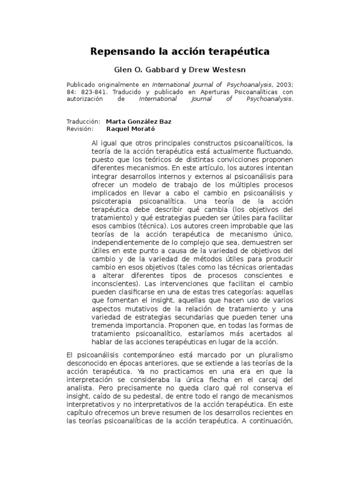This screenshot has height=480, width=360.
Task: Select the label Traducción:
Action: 84,121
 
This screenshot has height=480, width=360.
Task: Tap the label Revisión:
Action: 81,128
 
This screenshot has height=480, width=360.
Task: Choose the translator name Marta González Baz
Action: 139,121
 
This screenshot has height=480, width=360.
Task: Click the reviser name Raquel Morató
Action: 130,128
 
